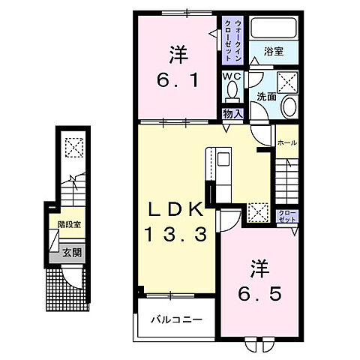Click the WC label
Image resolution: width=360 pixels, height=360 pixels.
tap(231, 76)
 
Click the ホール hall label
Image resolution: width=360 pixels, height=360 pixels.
tap(286, 142)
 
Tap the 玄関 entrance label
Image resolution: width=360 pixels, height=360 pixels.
tap(71, 253)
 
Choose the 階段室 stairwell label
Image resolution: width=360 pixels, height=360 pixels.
tap(70, 223)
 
